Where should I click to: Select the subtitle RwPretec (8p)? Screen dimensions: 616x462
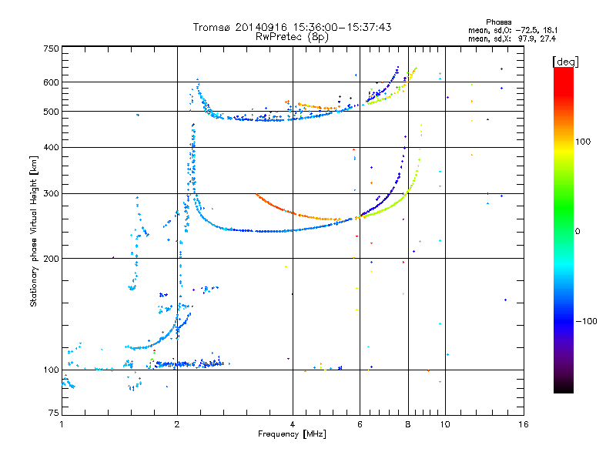tap(292, 37)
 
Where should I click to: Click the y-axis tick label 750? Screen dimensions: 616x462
tap(51, 49)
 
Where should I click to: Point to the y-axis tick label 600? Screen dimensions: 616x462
tap(51, 82)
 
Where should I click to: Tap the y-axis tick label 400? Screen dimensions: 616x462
tap(51, 147)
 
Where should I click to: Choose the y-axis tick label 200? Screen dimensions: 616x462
tap(51, 259)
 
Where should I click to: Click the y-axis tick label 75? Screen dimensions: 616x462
tap(54, 413)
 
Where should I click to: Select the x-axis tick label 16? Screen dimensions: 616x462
tap(524, 424)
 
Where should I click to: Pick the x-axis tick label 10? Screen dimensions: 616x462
tap(445, 424)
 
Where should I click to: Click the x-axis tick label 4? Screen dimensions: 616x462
tap(293, 424)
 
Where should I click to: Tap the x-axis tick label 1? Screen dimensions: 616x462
tap(62, 424)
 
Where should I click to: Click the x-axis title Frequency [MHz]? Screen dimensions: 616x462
tap(292, 434)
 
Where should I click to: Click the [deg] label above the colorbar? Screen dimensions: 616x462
tap(565, 62)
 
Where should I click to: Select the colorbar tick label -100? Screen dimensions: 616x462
tap(586, 321)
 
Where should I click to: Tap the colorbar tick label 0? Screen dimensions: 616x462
tap(577, 232)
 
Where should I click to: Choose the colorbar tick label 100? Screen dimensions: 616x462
tap(583, 142)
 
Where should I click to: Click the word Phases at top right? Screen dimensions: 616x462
tap(498, 22)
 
